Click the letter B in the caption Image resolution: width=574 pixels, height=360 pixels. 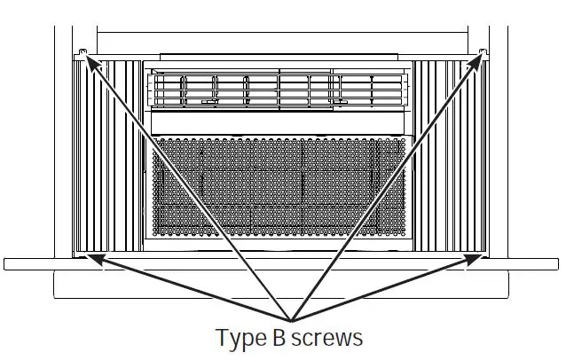279,337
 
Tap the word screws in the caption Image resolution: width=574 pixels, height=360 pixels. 326,339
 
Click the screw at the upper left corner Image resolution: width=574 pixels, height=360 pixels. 83,51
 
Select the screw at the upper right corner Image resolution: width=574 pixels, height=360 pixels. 484,51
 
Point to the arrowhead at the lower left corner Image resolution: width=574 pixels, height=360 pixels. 97,259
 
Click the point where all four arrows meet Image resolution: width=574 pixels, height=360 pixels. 291,321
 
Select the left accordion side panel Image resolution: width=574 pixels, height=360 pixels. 107,156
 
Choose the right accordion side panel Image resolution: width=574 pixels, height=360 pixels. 451,156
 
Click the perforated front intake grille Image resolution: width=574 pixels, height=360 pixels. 279,186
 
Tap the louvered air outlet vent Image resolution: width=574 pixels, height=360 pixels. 278,90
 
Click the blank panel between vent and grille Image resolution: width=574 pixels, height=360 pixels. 278,123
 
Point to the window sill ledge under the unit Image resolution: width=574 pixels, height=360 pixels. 281,264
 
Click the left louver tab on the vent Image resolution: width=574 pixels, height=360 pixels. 209,102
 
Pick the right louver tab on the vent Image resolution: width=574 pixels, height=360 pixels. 340,102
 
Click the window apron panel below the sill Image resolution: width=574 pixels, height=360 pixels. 281,285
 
